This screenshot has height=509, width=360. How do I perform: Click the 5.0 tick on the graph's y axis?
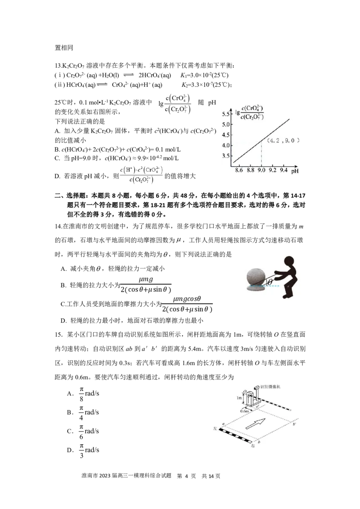pos(225,125)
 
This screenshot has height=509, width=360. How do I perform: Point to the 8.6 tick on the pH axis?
pos(239,170)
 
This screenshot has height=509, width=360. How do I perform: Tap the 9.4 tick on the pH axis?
pos(283,170)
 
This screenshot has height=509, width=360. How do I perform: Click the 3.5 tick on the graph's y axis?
pos(225,156)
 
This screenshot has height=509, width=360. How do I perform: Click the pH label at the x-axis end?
pos(295,171)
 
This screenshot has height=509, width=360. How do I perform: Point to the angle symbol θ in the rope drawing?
pos(270,282)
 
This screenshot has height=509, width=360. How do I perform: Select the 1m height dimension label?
pos(239,397)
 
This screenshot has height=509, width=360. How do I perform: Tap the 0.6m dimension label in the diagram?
pos(244,411)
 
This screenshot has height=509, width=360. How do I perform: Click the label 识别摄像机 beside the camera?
pos(270,387)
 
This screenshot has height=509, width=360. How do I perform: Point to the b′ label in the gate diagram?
pos(295,424)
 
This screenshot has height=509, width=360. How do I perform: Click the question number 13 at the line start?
pos(58,66)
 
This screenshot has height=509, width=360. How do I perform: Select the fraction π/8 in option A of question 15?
pos(81,394)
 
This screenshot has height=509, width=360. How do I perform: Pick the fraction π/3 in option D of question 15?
pos(81,451)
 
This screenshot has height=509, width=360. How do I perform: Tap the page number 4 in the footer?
pos(186,476)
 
